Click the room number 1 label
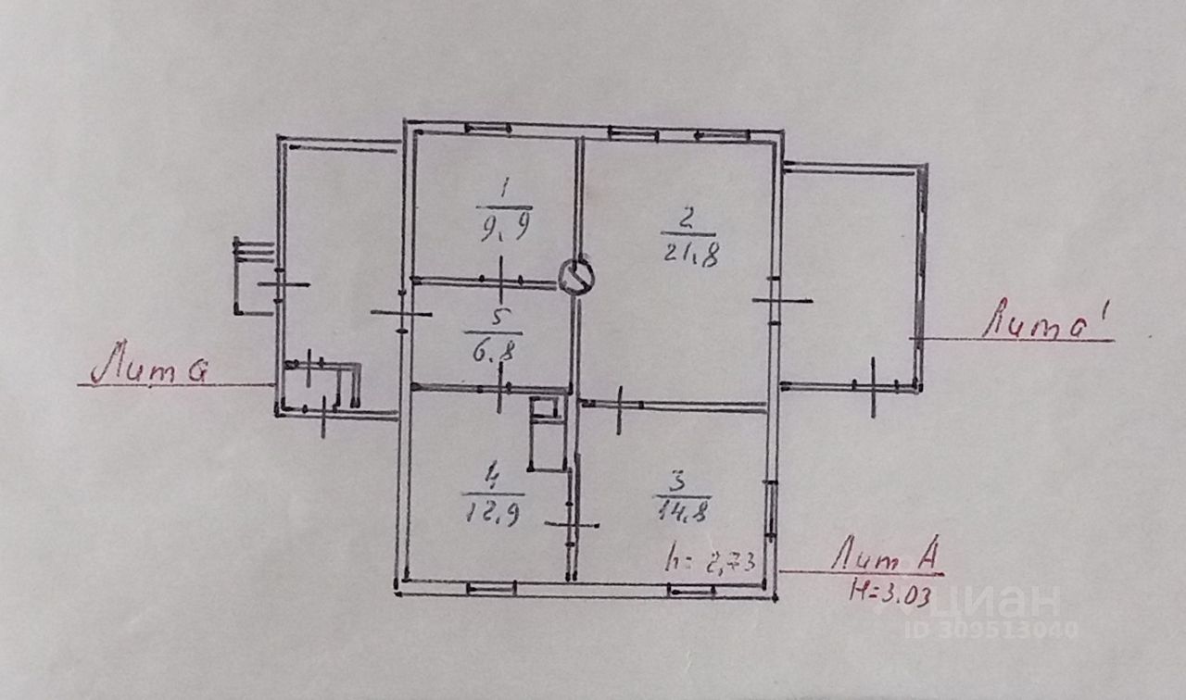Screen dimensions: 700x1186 [x=504, y=190]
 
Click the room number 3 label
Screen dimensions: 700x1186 [x=681, y=481]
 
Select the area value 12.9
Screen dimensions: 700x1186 [x=492, y=511]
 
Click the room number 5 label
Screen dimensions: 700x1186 [x=498, y=317]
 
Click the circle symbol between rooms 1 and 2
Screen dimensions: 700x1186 [x=577, y=275]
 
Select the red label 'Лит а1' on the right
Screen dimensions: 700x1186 [x=1048, y=324]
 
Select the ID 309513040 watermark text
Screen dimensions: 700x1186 [x=991, y=630]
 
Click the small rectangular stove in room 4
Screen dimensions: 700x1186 [x=546, y=432]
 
